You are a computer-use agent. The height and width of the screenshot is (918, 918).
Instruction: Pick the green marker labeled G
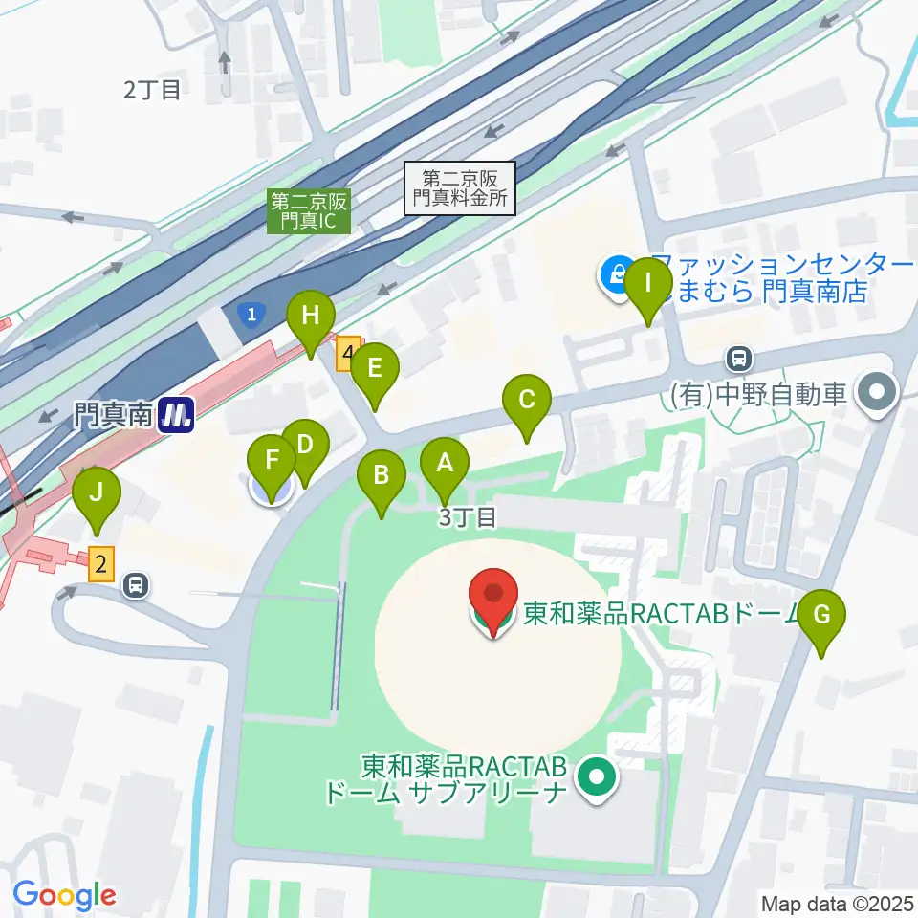click(x=821, y=616)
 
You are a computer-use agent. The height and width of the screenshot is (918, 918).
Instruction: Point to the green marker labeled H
click(x=311, y=317)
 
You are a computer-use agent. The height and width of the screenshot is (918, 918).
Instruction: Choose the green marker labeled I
click(x=647, y=285)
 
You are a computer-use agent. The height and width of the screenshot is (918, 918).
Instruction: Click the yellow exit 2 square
click(x=100, y=565)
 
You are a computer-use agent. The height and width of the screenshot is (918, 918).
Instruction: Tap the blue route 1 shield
click(x=251, y=314)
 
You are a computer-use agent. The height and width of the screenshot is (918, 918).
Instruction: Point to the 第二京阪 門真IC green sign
click(x=310, y=210)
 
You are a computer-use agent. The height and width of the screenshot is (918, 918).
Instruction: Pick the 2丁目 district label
click(x=152, y=90)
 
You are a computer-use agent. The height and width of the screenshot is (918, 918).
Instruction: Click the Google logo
click(x=64, y=895)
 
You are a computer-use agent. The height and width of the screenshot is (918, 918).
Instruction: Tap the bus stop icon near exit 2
click(x=136, y=583)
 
